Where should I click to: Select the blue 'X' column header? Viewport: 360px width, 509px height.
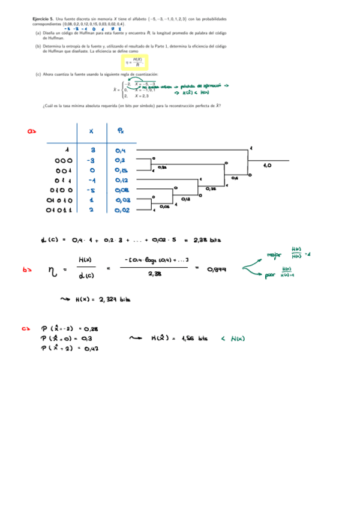point(91,131)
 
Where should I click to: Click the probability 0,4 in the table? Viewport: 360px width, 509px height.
point(121,150)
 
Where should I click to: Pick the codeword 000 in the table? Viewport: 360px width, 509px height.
point(64,160)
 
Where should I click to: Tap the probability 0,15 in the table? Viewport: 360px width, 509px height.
point(121,170)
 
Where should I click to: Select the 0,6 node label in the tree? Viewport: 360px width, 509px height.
point(235,178)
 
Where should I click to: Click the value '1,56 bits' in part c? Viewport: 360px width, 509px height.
point(190,339)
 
